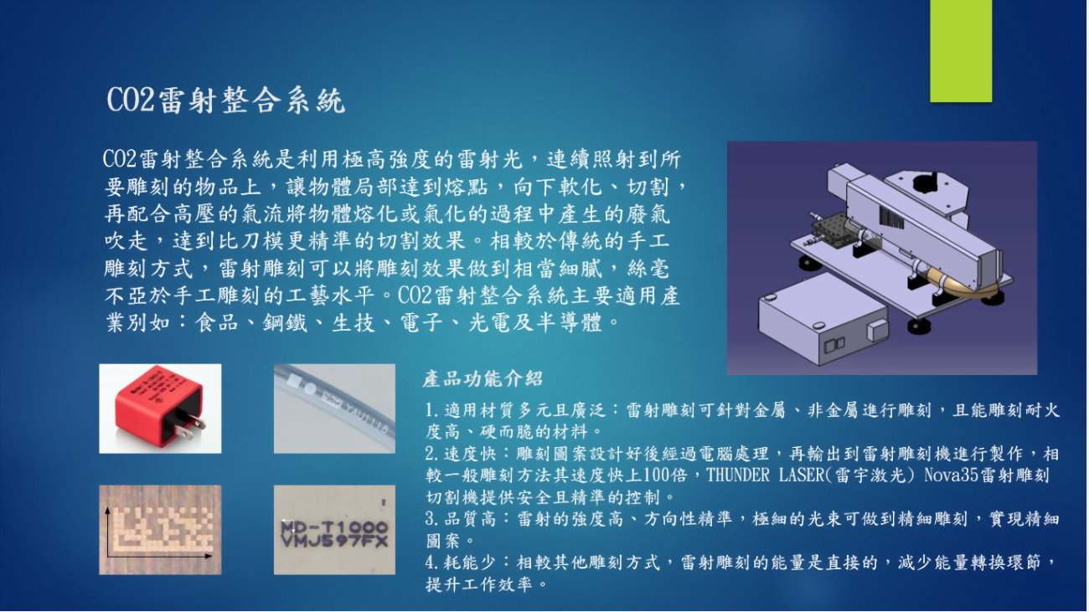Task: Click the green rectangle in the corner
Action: tap(961, 50)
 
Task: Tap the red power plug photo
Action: tap(160, 409)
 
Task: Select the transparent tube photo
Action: tap(334, 409)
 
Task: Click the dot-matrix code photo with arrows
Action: tap(160, 530)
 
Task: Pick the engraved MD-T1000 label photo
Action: tap(334, 530)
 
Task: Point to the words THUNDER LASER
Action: tap(767, 476)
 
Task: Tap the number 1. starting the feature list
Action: tap(431, 411)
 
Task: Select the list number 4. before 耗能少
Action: tap(431, 563)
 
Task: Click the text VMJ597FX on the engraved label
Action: tap(334, 542)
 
